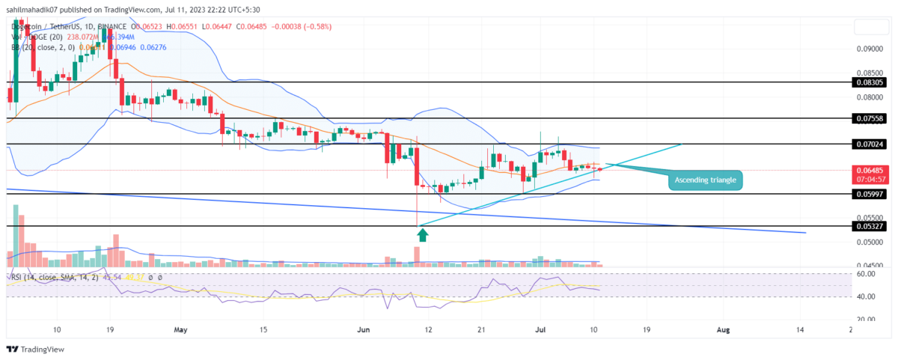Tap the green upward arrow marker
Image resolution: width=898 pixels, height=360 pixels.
tap(423, 235)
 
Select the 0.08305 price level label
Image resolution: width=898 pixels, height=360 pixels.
tap(868, 82)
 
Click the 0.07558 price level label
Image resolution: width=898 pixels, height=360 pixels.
tap(868, 118)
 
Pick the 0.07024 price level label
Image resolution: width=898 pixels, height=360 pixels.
tap(868, 143)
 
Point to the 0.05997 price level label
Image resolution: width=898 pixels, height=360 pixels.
tap(868, 194)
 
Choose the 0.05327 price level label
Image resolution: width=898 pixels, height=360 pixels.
tap(868, 226)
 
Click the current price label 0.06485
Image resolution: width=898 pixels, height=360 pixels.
tap(868, 171)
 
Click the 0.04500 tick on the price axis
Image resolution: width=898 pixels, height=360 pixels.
tap(868, 266)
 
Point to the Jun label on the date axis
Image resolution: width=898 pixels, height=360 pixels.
tap(364, 329)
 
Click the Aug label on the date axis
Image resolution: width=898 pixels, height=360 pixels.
tap(723, 329)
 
